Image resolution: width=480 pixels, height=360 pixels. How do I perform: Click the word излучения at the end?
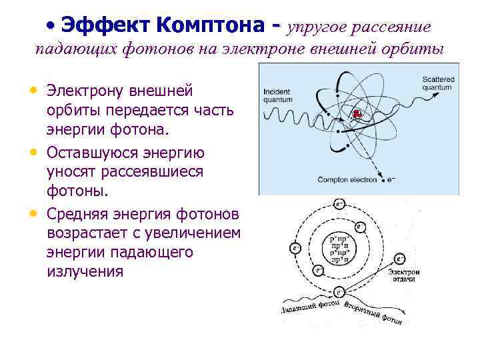tap(85, 271)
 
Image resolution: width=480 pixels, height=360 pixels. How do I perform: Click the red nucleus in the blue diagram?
tap(357, 114)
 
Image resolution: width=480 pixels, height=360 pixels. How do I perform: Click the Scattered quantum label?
tap(437, 83)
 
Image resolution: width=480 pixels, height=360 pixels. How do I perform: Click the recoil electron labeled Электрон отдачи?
tap(401, 259)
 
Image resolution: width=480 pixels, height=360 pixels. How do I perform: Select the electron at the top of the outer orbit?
tap(339, 204)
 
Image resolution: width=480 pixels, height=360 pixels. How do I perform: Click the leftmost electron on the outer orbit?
tap(295, 248)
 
